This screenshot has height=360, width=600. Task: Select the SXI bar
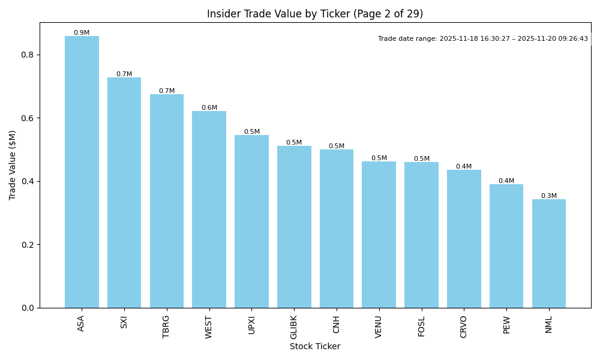click(x=124, y=192)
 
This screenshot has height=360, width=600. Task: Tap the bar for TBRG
click(x=167, y=201)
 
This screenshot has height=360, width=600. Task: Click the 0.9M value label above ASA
click(x=82, y=33)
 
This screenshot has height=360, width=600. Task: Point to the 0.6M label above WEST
click(x=209, y=108)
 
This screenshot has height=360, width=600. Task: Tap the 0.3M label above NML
click(x=549, y=196)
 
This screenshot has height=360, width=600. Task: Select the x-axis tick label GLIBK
click(x=294, y=327)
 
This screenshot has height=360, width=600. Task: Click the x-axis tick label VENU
click(x=379, y=326)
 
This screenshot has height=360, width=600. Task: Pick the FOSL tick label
click(x=421, y=326)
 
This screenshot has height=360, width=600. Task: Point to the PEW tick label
click(x=506, y=325)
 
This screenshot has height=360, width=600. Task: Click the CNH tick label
click(x=337, y=325)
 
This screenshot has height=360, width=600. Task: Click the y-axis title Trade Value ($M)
click(x=13, y=165)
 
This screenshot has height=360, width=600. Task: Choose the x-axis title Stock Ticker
click(x=315, y=346)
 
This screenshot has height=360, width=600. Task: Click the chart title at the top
click(x=315, y=14)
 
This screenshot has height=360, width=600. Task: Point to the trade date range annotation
click(x=483, y=38)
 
